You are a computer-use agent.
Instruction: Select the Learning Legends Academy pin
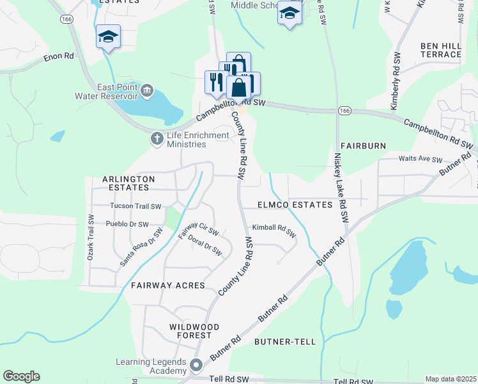coord(196,365)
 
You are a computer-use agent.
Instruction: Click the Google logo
coord(21,376)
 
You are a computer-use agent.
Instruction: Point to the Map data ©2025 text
coord(451,379)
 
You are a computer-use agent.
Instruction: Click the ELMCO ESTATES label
coord(295,205)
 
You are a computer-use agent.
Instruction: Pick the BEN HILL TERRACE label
coord(441,50)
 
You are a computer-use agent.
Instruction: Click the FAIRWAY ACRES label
coord(168,285)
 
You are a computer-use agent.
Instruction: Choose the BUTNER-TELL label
coord(285,342)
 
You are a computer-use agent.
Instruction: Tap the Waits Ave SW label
coord(420,159)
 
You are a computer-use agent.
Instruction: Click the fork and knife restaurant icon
coord(214,81)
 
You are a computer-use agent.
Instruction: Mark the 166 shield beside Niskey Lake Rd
coord(345,111)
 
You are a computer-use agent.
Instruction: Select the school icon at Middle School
coord(289,13)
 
